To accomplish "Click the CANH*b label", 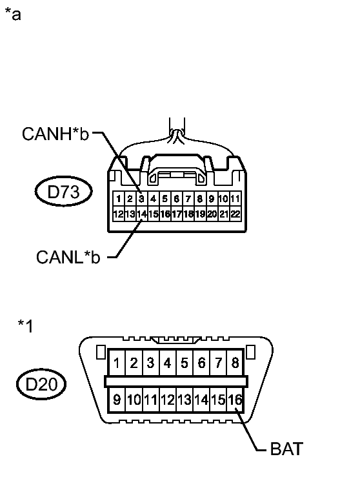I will point(55,134).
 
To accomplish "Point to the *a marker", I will point(14,14).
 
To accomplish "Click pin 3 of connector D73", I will point(141,199).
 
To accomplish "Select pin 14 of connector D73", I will point(141,214).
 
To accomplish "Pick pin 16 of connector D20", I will point(236,400).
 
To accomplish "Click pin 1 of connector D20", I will point(117,363).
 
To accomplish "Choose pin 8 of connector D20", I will point(235,363).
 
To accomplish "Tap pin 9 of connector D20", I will point(117,400).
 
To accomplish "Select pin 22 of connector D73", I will point(235,214).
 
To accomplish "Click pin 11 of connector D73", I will point(235,199).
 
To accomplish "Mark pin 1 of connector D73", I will point(118,199).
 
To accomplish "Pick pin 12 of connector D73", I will point(118,214).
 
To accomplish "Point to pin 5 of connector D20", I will point(185,363).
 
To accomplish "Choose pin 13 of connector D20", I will point(185,400).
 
